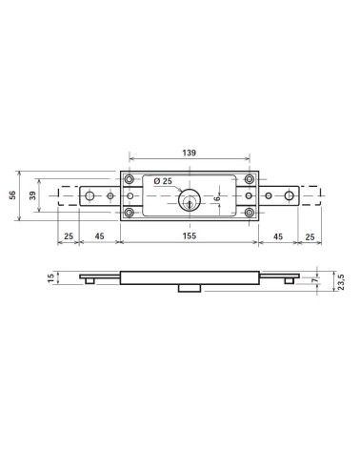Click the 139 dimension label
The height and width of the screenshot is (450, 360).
click(189, 153)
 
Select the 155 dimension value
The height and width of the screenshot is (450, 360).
click(190, 236)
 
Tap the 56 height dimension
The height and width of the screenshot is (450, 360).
click(12, 195)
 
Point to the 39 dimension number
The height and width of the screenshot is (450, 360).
click(32, 195)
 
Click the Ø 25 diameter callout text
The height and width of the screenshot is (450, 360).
click(163, 181)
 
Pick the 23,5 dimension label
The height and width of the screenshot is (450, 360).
click(342, 281)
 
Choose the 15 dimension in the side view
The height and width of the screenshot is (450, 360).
click(51, 278)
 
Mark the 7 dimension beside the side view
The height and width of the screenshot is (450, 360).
click(314, 280)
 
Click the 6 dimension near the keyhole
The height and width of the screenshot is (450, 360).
click(217, 198)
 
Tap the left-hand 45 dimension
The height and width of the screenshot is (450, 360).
click(99, 236)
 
